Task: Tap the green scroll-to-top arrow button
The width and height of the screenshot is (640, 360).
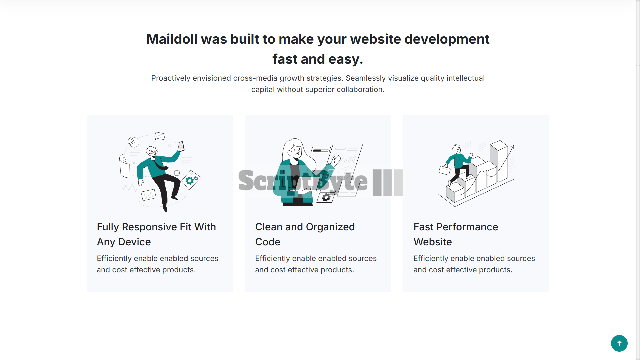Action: tap(619, 343)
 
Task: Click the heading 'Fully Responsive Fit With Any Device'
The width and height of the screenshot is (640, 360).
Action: tap(156, 234)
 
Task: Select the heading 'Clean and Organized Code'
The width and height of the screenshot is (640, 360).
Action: tap(305, 234)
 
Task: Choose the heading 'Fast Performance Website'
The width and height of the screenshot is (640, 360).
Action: tap(456, 234)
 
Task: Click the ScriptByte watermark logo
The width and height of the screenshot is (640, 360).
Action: tap(320, 182)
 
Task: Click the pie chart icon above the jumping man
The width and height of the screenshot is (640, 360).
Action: tap(134, 142)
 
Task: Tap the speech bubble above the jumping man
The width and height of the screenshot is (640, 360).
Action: tap(160, 136)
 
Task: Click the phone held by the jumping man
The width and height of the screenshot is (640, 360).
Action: tap(181, 146)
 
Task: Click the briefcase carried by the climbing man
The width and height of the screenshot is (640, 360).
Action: tap(445, 170)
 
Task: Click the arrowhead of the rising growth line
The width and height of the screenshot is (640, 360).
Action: tap(512, 147)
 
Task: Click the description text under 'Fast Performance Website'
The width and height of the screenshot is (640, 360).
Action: tap(474, 264)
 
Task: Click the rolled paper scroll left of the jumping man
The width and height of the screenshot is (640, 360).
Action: tap(124, 166)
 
